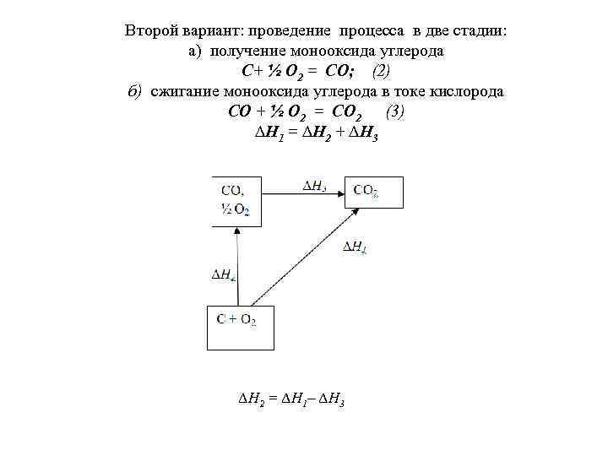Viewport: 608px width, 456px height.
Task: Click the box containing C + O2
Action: coord(241,328)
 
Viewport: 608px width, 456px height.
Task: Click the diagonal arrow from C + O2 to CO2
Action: coord(300,257)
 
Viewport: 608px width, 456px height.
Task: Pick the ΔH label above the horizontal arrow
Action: coord(314,187)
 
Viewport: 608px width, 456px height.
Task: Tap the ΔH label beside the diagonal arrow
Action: coord(355,247)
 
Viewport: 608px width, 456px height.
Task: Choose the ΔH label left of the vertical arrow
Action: coord(223,274)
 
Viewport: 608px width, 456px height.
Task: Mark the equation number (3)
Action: coord(394,112)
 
